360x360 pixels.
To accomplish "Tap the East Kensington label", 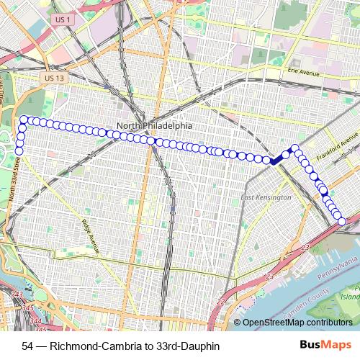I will (x=266, y=197).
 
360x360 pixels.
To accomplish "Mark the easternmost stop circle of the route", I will (x=341, y=221).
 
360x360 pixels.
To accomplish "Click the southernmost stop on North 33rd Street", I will (x=20, y=150).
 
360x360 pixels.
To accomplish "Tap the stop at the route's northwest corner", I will (x=24, y=119).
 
